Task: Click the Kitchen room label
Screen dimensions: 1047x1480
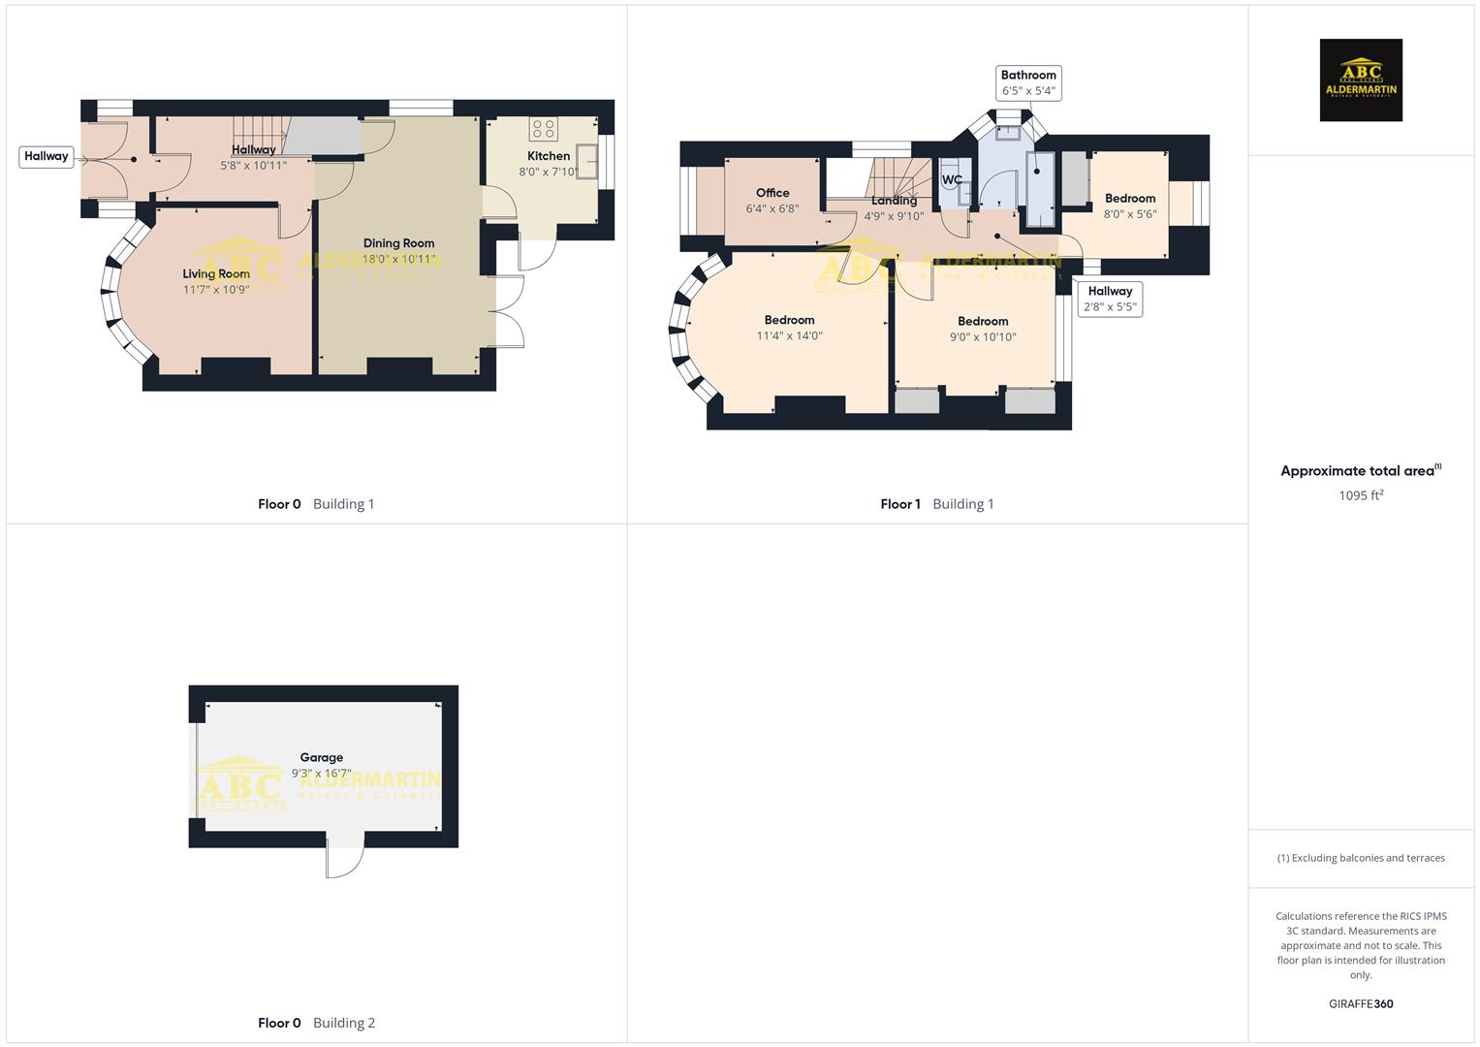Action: pyautogui.click(x=549, y=156)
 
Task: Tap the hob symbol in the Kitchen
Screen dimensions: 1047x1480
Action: pyautogui.click(x=543, y=128)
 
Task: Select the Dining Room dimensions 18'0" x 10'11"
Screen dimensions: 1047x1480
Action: pyautogui.click(x=398, y=259)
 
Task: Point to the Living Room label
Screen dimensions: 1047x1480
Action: pyautogui.click(x=216, y=274)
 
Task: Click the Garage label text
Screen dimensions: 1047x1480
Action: pyautogui.click(x=321, y=758)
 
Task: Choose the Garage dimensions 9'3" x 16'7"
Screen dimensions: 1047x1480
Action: pyautogui.click(x=321, y=774)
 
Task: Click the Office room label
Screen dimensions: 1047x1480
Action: pyautogui.click(x=772, y=193)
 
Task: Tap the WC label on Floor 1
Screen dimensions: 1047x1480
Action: pyautogui.click(x=952, y=179)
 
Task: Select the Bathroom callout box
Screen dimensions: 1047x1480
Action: pyautogui.click(x=1028, y=82)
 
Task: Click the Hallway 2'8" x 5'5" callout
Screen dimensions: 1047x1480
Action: pyautogui.click(x=1110, y=299)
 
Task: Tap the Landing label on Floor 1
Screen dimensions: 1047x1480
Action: pyautogui.click(x=894, y=201)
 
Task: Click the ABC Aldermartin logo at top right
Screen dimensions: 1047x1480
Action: pyautogui.click(x=1361, y=79)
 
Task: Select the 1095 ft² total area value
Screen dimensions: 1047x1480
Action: pyautogui.click(x=1361, y=495)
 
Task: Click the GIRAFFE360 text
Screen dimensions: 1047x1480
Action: pyautogui.click(x=1361, y=1003)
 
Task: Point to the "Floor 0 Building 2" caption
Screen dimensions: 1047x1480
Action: pyautogui.click(x=316, y=1023)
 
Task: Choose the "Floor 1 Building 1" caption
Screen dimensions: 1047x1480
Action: pyautogui.click(x=936, y=504)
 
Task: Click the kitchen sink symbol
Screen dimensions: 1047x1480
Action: pyautogui.click(x=587, y=159)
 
